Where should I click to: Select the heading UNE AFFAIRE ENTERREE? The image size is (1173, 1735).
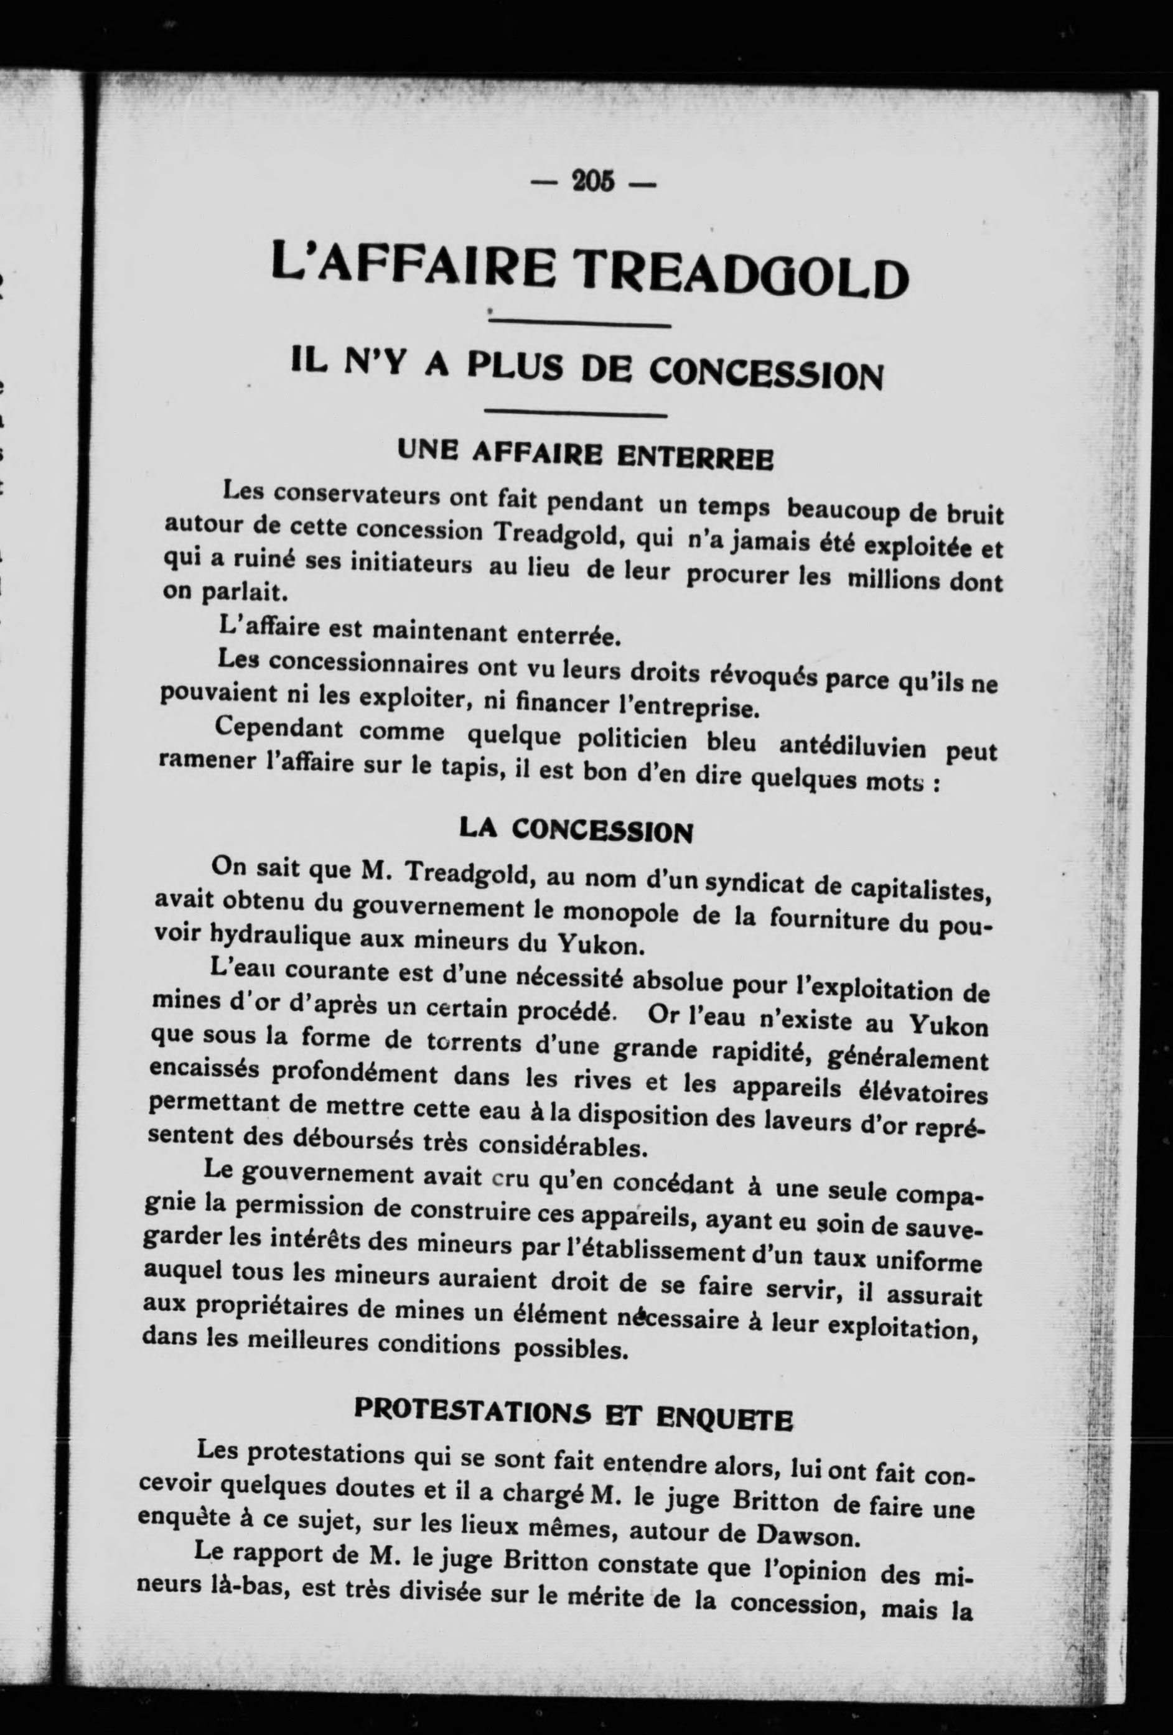click(586, 453)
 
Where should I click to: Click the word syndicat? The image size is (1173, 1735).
click(759, 884)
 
